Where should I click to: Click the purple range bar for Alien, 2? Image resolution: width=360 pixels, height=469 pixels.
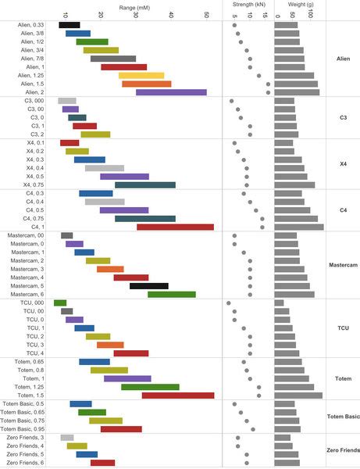click(171, 92)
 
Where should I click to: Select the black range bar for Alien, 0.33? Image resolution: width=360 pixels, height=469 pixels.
click(69, 25)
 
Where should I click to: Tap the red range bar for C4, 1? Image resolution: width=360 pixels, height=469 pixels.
click(175, 227)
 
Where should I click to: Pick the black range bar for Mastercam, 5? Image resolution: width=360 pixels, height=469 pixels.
click(149, 286)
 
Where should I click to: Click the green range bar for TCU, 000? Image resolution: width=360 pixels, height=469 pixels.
click(60, 303)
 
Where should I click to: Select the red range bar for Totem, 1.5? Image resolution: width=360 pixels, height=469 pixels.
click(177, 396)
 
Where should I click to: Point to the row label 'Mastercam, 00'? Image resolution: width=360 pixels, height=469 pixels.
click(26, 235)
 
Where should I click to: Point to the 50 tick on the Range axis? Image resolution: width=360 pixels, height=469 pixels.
click(206, 15)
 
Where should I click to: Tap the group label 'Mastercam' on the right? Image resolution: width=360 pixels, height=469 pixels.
click(342, 265)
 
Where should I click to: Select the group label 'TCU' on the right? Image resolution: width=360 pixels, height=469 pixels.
click(342, 328)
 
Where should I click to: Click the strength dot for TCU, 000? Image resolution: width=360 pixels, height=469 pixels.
click(229, 303)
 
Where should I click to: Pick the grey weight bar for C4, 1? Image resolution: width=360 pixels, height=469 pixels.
click(299, 227)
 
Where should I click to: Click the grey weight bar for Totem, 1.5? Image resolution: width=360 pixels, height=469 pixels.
click(298, 396)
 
